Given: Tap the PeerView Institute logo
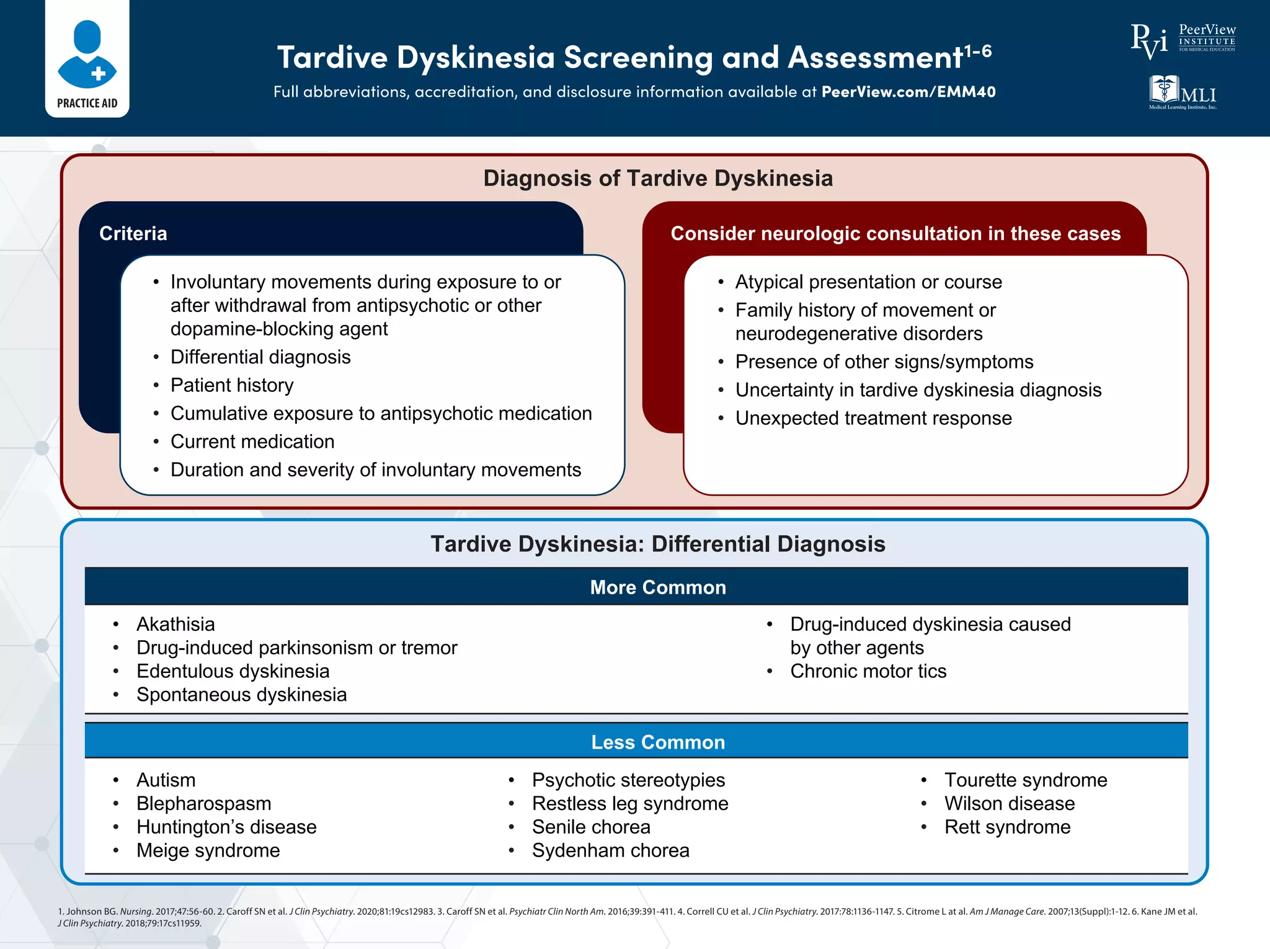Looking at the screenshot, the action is point(1183,40).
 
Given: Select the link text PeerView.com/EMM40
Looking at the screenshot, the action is point(908,92).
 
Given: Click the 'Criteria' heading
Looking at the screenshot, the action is point(133,233).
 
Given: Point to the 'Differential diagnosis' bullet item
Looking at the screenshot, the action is point(260,357).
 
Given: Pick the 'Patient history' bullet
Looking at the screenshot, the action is point(232,385).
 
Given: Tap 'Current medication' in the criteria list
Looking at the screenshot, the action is point(252,442).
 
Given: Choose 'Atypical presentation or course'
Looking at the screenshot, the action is point(868,282).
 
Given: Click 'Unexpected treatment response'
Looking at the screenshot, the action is point(873,418).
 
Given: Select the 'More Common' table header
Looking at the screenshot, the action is point(657,587).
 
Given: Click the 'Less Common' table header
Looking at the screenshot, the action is point(657,742).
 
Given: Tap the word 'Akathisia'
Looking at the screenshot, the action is point(175,624).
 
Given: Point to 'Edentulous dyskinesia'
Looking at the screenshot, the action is point(233,671).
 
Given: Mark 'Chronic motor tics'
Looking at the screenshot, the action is point(868,671).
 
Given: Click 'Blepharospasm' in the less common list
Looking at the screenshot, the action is point(203,803).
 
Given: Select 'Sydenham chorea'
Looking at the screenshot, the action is point(610,850).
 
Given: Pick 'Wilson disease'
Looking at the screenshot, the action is point(1009,803).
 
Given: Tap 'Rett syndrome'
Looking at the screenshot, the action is point(1007,827).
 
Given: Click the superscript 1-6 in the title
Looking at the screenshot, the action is point(978,50).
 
